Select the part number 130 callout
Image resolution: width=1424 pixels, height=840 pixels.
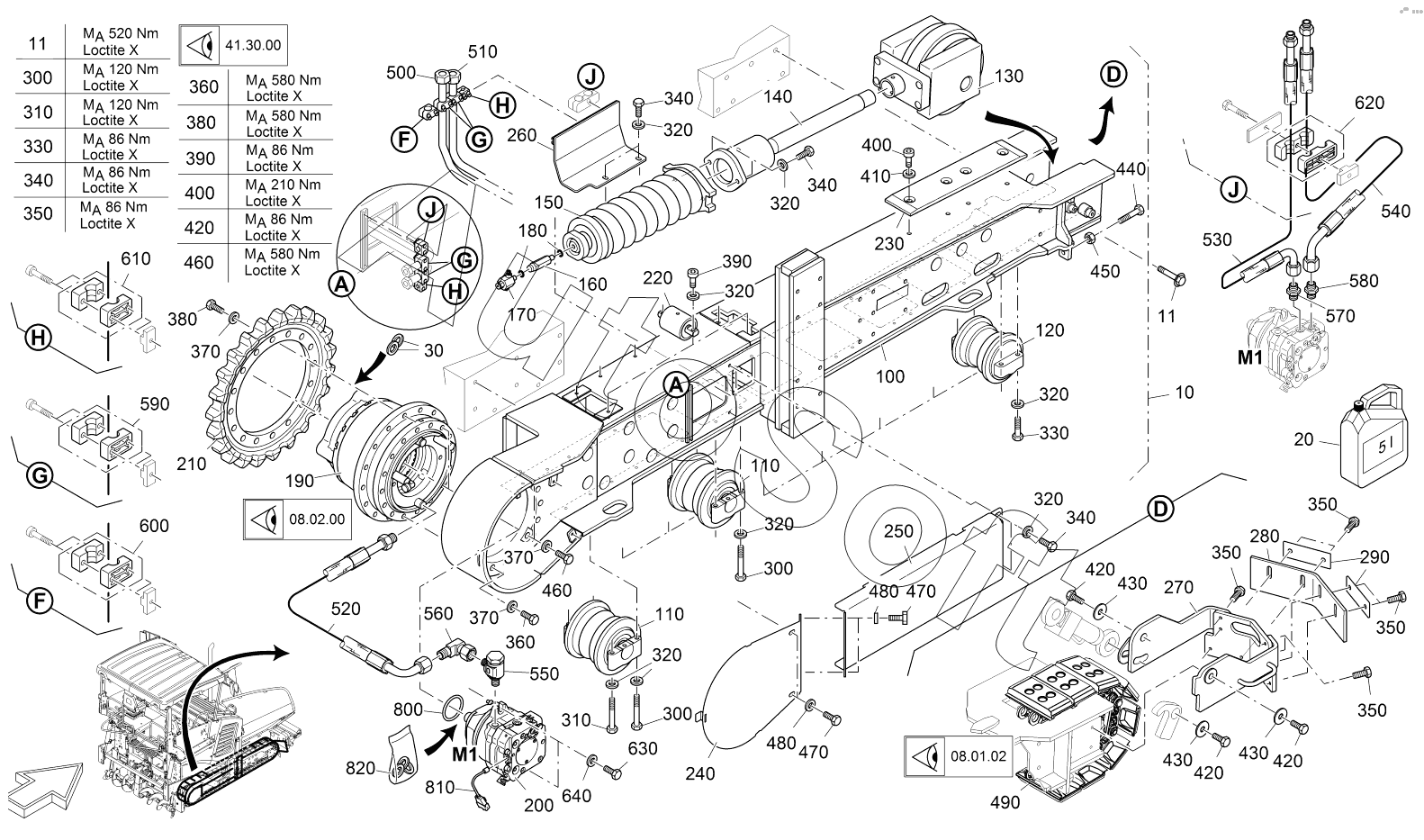(x=1009, y=77)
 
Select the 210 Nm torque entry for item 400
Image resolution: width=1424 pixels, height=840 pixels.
(x=283, y=185)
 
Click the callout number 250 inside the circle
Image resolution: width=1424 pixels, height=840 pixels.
(x=898, y=531)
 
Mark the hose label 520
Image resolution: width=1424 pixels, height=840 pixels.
(x=345, y=610)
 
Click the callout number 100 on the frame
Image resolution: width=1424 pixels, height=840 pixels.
(x=890, y=376)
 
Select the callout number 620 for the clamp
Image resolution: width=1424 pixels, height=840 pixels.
(x=1369, y=104)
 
